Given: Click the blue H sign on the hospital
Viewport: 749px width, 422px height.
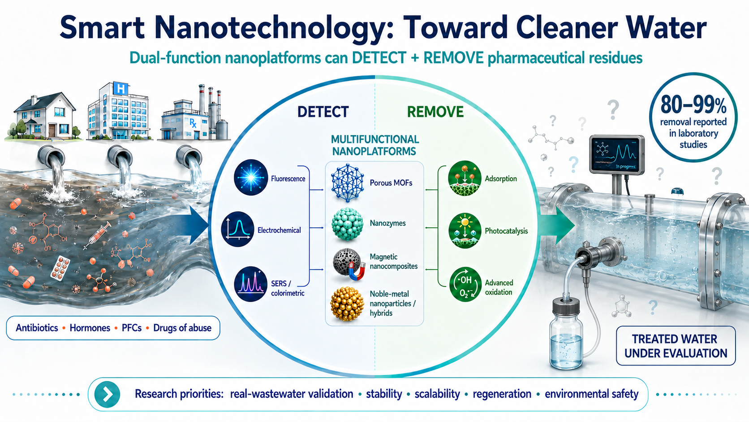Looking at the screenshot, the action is pyautogui.click(x=121, y=89).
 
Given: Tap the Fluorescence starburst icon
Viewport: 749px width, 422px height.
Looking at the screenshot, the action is pyautogui.click(x=251, y=178).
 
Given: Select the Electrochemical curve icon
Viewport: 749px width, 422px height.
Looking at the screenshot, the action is pyautogui.click(x=237, y=229).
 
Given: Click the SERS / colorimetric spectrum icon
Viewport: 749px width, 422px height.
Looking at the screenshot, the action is pyautogui.click(x=251, y=284).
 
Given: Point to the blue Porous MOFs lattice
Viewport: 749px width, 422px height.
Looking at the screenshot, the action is pyautogui.click(x=348, y=183).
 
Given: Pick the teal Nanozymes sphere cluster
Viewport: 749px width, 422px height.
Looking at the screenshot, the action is pyautogui.click(x=348, y=224).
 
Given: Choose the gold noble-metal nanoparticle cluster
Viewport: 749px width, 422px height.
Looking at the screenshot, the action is pyautogui.click(x=347, y=304).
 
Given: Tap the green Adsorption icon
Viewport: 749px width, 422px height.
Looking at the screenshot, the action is pyautogui.click(x=465, y=178).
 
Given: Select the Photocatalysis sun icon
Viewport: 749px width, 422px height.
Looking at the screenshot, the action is pyautogui.click(x=465, y=231).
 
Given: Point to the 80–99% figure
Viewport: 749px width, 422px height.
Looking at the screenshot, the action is pyautogui.click(x=693, y=105).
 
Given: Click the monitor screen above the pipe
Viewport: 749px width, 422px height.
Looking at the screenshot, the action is pyautogui.click(x=616, y=154).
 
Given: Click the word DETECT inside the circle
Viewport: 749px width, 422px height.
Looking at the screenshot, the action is pyautogui.click(x=323, y=112).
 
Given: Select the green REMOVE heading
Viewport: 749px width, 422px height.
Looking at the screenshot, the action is pyautogui.click(x=435, y=112).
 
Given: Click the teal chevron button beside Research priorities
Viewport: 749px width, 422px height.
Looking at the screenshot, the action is pyautogui.click(x=107, y=394).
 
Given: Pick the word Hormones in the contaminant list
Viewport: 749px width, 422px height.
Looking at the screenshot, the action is pyautogui.click(x=90, y=328).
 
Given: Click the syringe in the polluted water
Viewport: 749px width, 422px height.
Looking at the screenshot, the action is pyautogui.click(x=97, y=235).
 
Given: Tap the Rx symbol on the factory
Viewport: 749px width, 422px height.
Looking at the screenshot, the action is pyautogui.click(x=193, y=123).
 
